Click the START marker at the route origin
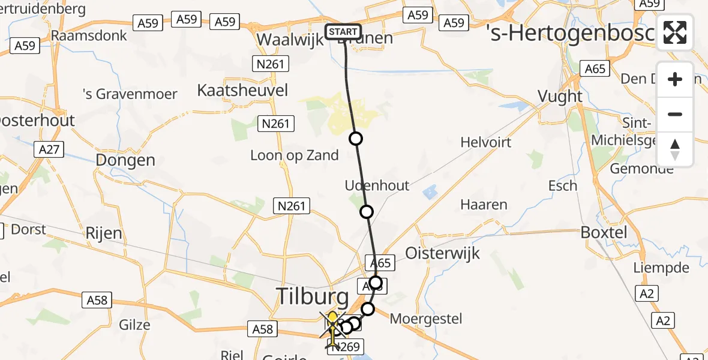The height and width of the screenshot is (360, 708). tap(343, 32)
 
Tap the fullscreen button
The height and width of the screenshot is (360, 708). tap(675, 32)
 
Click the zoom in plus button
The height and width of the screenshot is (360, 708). tap(675, 79)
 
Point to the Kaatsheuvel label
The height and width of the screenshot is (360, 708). tap(242, 91)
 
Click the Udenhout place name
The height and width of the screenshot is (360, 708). tap(377, 185)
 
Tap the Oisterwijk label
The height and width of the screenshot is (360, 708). tap(443, 253)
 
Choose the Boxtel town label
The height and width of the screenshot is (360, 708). tap(604, 233)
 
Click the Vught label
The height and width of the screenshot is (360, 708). tap(560, 97)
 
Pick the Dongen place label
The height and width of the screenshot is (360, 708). tap(125, 160)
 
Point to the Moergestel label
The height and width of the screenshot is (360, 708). tap(426, 318)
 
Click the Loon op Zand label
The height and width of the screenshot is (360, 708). tap(295, 155)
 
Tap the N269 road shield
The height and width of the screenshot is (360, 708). tap(347, 347)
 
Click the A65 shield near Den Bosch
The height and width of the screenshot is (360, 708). tap(595, 69)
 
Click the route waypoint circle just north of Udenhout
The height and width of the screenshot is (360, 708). tap(356, 139)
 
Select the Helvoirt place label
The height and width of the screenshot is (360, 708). tap(486, 142)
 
